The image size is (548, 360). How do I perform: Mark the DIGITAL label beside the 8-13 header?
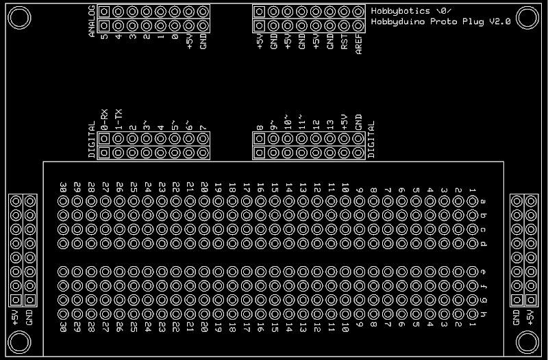(x=373, y=140)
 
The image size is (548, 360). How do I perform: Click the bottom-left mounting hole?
(x=19, y=340)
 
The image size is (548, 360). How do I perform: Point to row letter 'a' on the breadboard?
(x=484, y=201)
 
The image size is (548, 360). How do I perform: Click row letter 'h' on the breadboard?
(x=484, y=314)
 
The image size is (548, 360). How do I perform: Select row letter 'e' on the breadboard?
(x=484, y=272)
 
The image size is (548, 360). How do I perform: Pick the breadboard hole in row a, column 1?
(x=472, y=201)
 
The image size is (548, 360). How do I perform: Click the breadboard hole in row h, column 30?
(x=63, y=314)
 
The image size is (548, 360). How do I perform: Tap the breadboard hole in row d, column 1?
(x=472, y=244)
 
